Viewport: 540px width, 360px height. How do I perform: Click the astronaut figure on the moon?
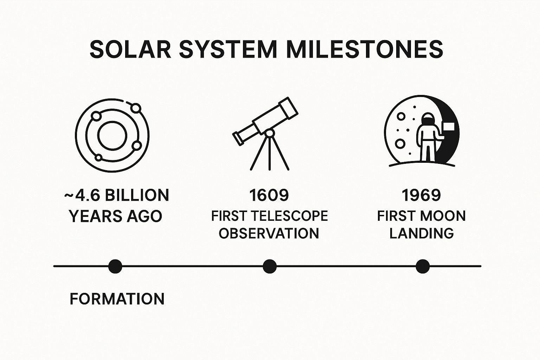point(426,137)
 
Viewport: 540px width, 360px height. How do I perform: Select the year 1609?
point(269,195)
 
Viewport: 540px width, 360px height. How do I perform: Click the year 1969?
point(421,195)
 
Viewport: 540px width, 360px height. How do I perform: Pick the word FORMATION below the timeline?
point(117,299)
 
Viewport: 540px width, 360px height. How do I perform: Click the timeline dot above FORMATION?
point(115,266)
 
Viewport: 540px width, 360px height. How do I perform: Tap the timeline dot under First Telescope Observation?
point(270,266)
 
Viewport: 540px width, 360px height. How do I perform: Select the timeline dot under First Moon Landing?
point(422,266)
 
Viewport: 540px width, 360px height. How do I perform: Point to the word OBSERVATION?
point(269,233)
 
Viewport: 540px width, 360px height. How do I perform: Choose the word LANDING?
point(421,233)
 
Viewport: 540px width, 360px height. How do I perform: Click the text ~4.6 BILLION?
point(117,195)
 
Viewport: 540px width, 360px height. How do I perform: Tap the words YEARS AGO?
point(116,216)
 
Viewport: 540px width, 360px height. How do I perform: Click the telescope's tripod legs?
point(270,155)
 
